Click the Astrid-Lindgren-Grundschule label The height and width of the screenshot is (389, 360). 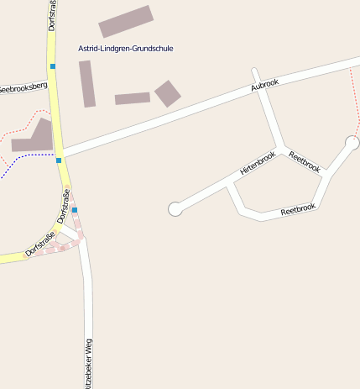coord(125,49)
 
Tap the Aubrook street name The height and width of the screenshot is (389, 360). coord(264,86)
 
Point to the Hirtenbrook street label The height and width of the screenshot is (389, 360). coord(258,163)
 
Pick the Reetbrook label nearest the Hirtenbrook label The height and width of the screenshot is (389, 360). coord(304,161)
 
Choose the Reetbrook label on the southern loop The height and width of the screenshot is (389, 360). coord(298,208)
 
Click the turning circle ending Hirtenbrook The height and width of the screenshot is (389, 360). coord(175,209)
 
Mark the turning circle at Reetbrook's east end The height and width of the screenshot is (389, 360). coord(352,143)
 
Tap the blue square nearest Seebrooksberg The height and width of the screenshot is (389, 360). coord(53,66)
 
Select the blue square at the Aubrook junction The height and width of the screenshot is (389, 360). coord(59,160)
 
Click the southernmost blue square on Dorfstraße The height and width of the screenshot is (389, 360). coord(75,210)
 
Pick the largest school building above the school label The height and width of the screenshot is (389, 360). coord(126,21)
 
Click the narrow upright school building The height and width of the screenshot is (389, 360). coord(86,83)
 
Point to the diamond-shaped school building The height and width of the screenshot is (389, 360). coord(168,93)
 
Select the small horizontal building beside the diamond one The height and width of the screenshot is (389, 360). coord(132,98)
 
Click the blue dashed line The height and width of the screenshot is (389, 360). coord(25,157)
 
